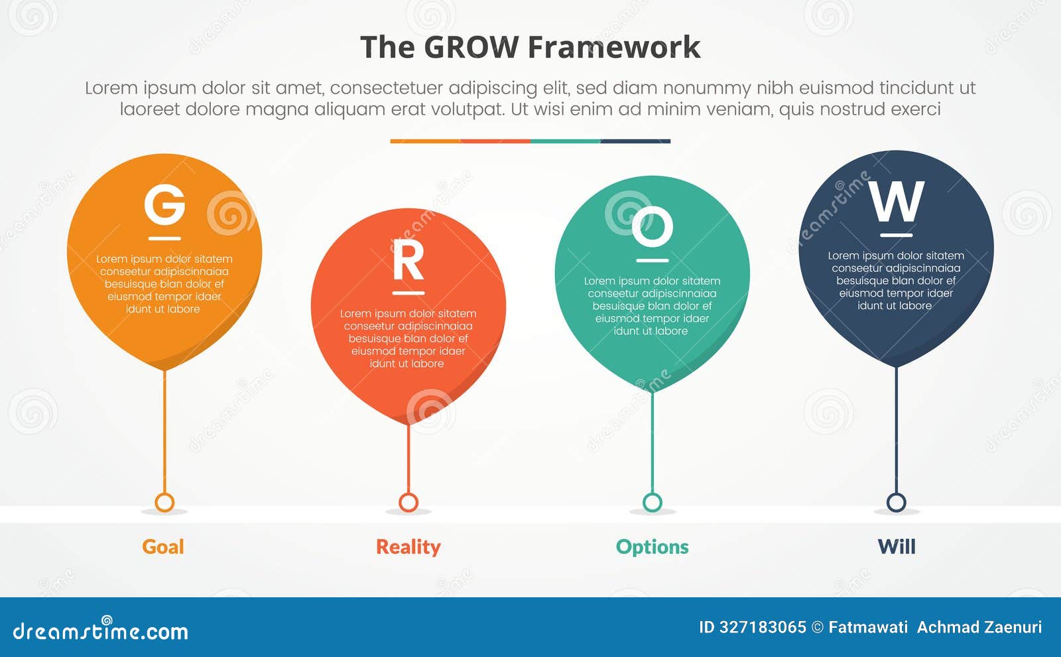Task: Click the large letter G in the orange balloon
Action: tap(164, 205)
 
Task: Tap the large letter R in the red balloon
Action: tap(408, 261)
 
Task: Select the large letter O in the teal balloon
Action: tap(652, 227)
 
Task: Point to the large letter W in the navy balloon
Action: tap(897, 202)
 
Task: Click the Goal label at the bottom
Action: tap(163, 547)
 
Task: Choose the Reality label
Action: tap(408, 547)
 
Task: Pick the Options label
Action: tap(652, 547)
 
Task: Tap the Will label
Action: tap(897, 547)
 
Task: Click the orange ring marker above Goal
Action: tap(164, 502)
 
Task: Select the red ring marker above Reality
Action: tap(408, 502)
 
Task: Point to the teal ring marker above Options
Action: tap(653, 502)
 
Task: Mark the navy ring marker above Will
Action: tap(897, 502)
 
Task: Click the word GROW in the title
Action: tap(471, 48)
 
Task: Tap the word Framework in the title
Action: tap(614, 48)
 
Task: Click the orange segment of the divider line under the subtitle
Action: tap(425, 141)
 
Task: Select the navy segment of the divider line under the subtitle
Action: tap(635, 141)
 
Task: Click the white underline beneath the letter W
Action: tap(896, 235)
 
